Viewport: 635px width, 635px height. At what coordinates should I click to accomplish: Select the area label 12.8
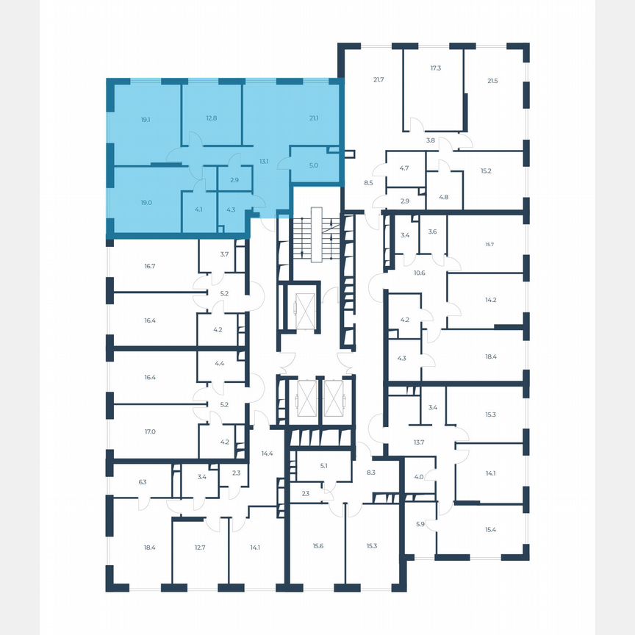[212, 118]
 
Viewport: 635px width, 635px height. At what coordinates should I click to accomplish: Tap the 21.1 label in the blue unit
[314, 118]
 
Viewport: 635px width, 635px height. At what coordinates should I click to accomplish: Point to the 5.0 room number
[314, 165]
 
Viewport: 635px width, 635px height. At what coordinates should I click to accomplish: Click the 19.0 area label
[146, 203]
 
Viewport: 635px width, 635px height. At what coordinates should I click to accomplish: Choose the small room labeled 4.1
[198, 209]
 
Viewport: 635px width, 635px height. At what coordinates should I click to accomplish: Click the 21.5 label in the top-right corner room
[492, 80]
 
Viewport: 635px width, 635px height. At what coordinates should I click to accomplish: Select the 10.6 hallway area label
[420, 273]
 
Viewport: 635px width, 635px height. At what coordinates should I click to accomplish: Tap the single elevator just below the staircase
[303, 305]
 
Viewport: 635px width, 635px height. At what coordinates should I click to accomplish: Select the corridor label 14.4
[267, 453]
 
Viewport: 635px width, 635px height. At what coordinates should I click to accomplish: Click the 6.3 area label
[143, 482]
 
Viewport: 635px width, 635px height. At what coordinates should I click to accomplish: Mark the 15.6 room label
[318, 545]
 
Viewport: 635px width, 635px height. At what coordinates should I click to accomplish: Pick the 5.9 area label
[420, 524]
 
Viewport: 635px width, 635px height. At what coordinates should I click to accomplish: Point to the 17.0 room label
[150, 432]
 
